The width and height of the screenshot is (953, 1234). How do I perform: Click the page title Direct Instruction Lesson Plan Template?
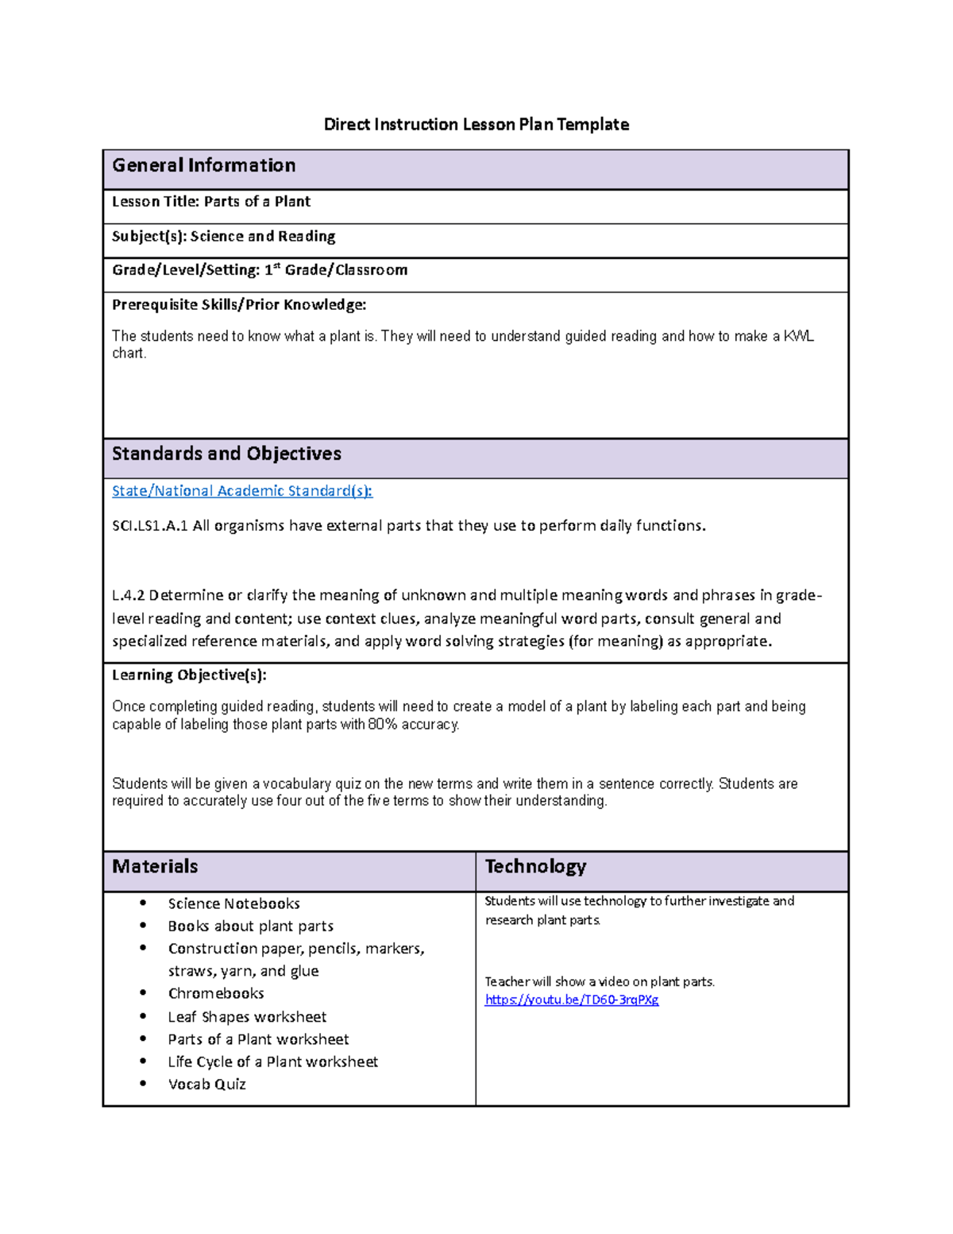(x=476, y=124)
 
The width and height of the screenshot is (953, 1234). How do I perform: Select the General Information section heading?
(x=204, y=165)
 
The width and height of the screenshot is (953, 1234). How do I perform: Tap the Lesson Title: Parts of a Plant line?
(x=211, y=202)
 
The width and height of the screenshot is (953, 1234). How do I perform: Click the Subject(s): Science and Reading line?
(x=224, y=236)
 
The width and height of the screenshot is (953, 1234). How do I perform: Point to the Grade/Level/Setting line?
(x=260, y=270)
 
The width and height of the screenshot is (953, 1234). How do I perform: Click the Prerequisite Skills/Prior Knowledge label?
(x=239, y=304)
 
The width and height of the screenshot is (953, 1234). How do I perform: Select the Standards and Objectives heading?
(x=226, y=454)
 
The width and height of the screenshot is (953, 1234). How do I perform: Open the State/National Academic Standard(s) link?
(x=242, y=491)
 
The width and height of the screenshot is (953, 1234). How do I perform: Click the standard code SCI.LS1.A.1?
(x=150, y=526)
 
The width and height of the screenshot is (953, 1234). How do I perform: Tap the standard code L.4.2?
(x=128, y=595)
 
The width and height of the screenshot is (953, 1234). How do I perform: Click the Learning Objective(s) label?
(x=189, y=675)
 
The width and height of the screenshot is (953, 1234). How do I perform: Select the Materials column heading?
(x=155, y=867)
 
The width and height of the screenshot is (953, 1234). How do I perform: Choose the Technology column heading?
(x=535, y=867)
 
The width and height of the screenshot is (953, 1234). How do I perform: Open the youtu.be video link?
(x=572, y=1000)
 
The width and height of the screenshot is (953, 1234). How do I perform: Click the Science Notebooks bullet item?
(x=233, y=903)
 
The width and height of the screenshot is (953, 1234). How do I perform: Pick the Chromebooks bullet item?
(x=216, y=993)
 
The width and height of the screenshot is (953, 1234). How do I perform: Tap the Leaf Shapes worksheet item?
(x=247, y=1017)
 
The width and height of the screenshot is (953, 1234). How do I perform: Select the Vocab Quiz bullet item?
(x=206, y=1084)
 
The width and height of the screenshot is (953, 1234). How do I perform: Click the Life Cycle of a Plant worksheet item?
(x=272, y=1062)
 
